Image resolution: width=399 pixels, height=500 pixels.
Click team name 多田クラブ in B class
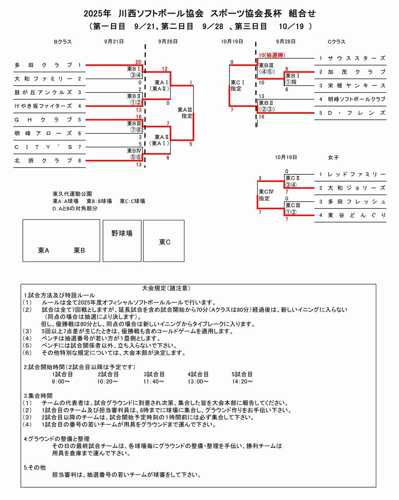coord(43,65)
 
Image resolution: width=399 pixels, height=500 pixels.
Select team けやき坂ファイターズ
coord(43,106)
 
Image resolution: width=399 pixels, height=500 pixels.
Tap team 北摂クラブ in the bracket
coord(43,160)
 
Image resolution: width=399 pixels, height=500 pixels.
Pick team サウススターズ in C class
coord(356,58)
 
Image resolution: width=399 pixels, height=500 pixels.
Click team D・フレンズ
coord(356,113)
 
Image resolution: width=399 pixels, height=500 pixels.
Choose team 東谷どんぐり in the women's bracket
coord(356,215)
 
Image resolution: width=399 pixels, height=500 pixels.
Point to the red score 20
coord(138,62)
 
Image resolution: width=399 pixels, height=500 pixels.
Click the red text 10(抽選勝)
coord(272,55)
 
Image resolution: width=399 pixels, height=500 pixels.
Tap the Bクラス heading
coord(63,42)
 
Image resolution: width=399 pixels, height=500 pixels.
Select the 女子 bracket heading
coord(333,158)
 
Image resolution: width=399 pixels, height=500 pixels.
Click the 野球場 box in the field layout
coord(122,233)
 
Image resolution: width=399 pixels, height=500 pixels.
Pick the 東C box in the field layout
coord(164,242)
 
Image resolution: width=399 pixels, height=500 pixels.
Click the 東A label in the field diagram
coord(43,251)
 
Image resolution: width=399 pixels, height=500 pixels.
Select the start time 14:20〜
coord(242,382)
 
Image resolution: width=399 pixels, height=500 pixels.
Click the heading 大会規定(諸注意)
coord(166,288)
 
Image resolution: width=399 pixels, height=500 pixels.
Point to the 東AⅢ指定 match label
coord(185,113)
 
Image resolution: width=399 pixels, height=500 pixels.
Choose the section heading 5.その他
coord(35,467)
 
